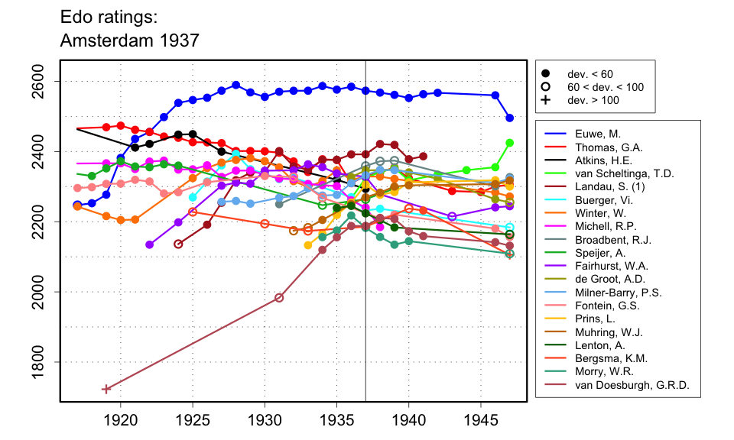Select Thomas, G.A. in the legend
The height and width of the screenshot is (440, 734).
[x=596, y=147]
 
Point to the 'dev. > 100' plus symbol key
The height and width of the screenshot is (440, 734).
[x=545, y=100]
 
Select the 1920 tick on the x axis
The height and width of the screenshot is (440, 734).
[x=120, y=419]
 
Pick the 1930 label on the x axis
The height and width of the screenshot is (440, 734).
[x=265, y=419]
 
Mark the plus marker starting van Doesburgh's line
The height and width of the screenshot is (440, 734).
[x=106, y=389]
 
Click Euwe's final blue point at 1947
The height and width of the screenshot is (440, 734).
[x=510, y=118]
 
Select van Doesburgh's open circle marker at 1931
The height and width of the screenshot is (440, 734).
[x=279, y=298]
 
